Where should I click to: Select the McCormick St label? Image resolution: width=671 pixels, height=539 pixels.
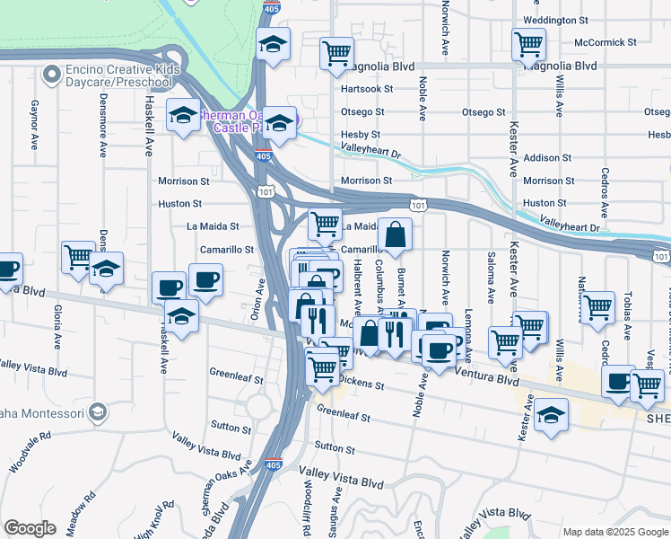[606, 42]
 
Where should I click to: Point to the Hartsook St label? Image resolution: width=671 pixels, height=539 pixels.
[366, 89]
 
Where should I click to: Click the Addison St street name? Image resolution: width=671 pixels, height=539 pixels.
[541, 157]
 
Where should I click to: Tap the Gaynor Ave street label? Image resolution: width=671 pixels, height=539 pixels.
[34, 126]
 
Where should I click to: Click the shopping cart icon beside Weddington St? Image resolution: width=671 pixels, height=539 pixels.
[528, 43]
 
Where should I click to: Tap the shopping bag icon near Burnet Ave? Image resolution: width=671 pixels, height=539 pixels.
[395, 236]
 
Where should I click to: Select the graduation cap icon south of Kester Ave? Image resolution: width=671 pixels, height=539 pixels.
[551, 416]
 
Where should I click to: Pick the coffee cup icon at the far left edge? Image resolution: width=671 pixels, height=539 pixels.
[7, 268]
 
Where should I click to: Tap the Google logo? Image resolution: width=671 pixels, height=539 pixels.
[30, 528]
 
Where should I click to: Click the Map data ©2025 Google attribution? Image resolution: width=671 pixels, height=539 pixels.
[615, 531]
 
